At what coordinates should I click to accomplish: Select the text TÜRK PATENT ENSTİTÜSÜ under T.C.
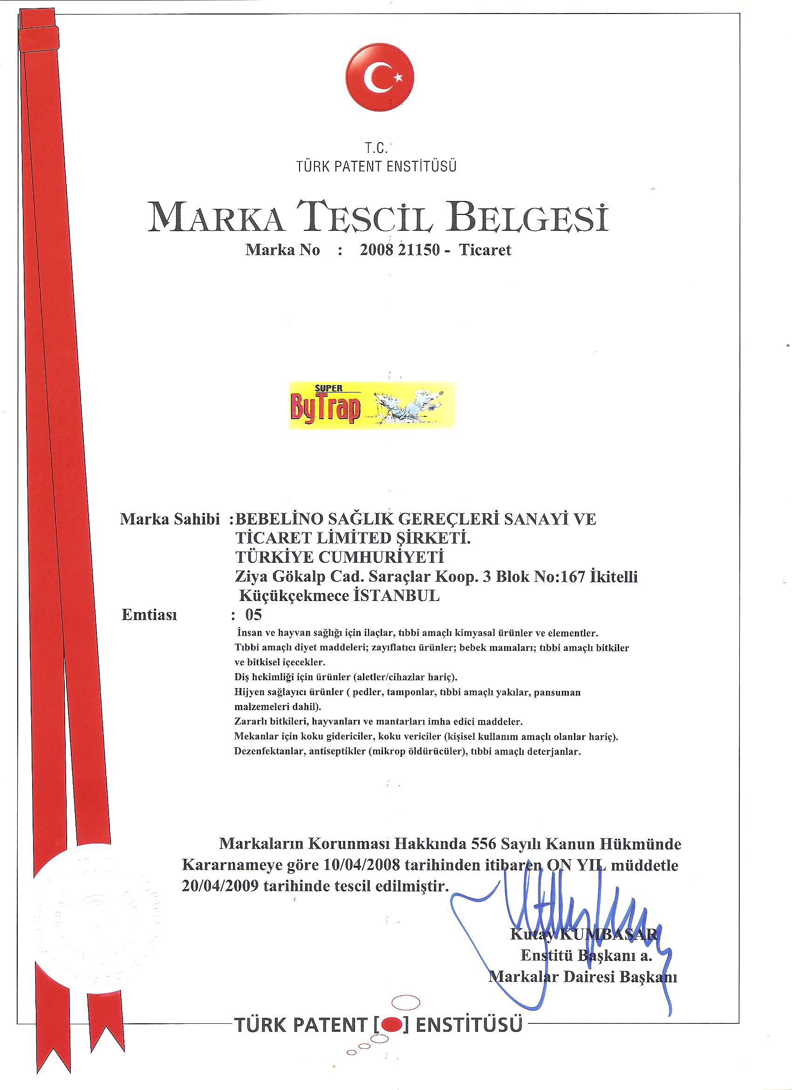pyautogui.click(x=376, y=167)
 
